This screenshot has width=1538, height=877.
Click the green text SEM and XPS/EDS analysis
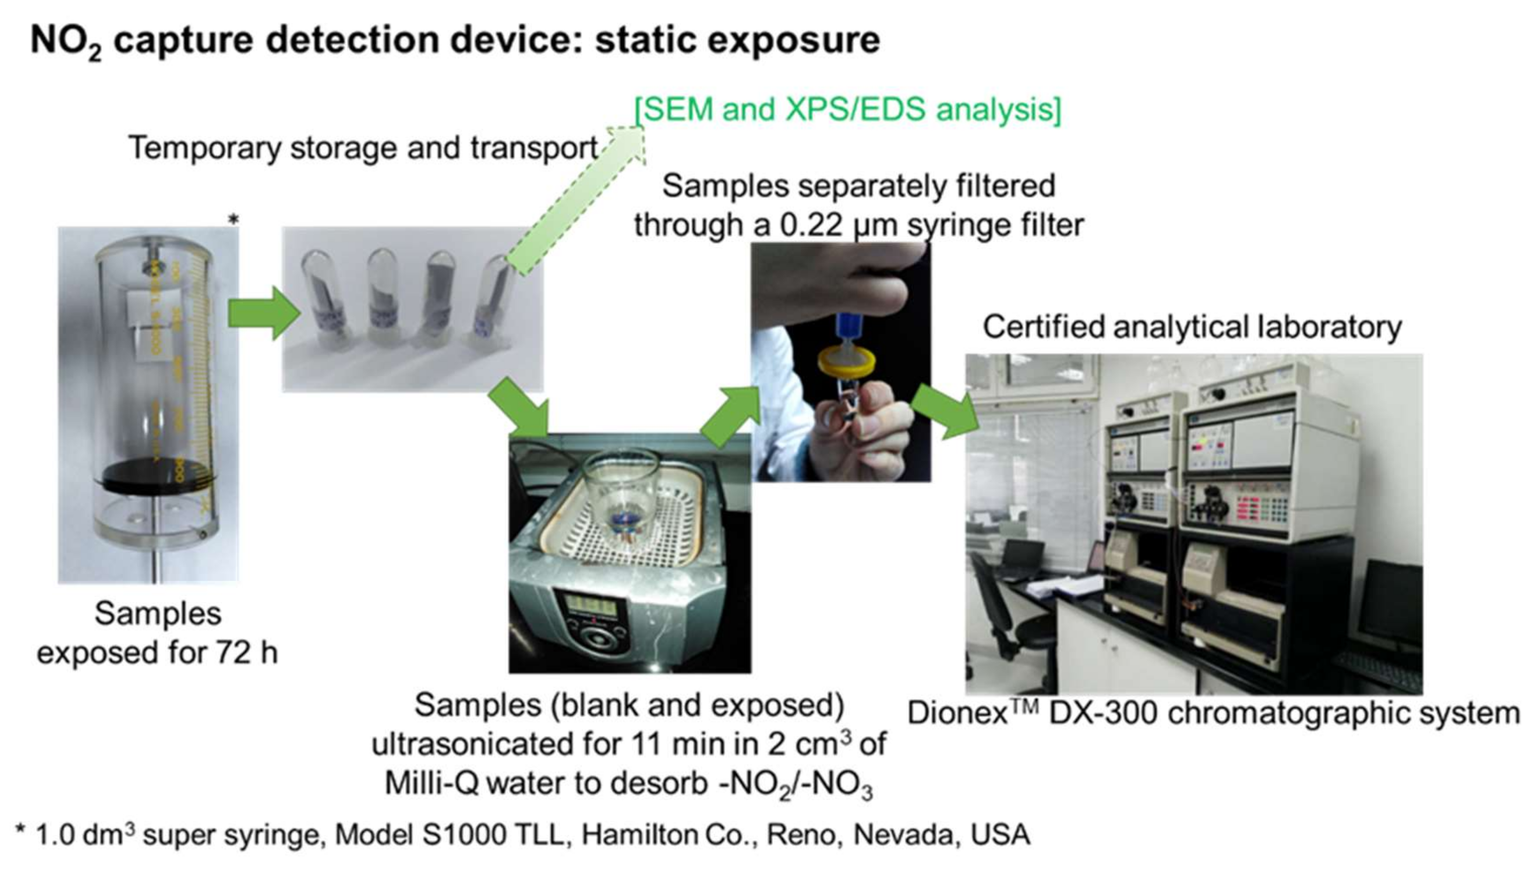point(848,110)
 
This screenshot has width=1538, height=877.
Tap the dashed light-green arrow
point(575,200)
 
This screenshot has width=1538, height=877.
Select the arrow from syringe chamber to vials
point(264,313)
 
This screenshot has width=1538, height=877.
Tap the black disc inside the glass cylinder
point(158,474)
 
